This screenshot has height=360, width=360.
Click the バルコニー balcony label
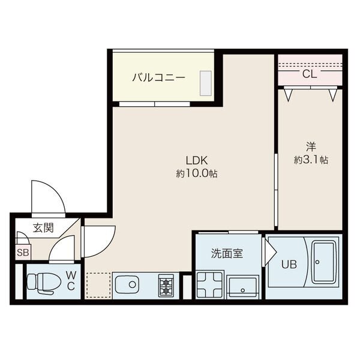pos(158,77)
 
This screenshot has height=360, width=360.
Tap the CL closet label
pos(310,74)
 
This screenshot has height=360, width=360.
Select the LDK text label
pos(196,161)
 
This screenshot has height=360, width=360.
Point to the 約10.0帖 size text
pos(196,174)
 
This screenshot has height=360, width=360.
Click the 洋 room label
pos(310,147)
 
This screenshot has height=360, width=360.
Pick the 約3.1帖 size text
pos(310,160)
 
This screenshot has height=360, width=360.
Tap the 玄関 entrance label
pos(43,227)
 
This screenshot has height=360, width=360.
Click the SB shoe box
pos(23,253)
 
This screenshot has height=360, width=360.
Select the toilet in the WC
pos(42,281)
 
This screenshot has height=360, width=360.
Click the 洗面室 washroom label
pos(227,253)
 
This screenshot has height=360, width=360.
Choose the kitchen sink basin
pos(128,284)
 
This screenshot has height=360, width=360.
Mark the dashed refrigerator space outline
pos(98,284)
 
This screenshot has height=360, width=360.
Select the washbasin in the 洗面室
pos(243,284)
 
